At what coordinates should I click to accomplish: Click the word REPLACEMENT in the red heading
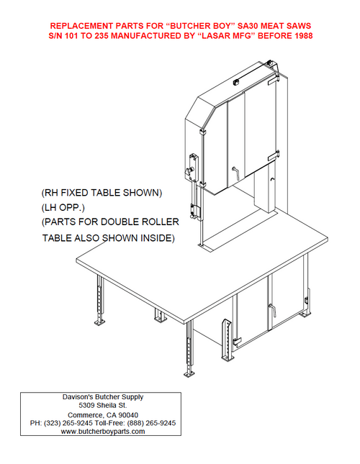tap(81, 26)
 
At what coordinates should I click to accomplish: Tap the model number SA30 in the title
tap(248, 26)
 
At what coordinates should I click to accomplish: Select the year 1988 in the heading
tap(303, 36)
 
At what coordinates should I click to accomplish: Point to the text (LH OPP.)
tap(63, 208)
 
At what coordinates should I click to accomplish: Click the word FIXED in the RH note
tap(74, 193)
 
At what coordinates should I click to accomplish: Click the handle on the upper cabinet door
tap(236, 172)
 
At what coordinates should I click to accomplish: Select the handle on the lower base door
tap(272, 309)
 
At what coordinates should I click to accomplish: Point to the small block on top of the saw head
tap(237, 82)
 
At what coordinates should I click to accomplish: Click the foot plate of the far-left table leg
tap(100, 322)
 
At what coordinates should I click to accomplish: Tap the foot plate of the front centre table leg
tap(189, 374)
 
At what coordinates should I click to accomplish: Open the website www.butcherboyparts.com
tap(103, 431)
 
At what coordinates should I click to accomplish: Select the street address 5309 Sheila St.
tap(103, 405)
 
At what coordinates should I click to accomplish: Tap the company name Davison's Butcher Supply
tap(103, 397)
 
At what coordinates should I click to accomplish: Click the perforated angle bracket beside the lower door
tap(227, 339)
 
